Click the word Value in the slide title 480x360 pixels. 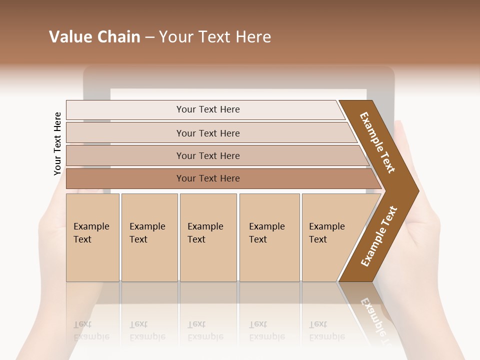(70, 37)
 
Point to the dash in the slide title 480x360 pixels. (149, 37)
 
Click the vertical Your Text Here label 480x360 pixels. (57, 143)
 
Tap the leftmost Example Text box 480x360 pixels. (92, 237)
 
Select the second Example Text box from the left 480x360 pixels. (149, 237)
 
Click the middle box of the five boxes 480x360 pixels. (208, 237)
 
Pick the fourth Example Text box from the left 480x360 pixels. (269, 237)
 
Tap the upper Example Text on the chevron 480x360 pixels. (377, 142)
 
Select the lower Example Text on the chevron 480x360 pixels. (379, 236)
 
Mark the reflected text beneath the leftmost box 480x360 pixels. (91, 330)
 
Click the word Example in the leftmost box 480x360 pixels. (91, 226)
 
